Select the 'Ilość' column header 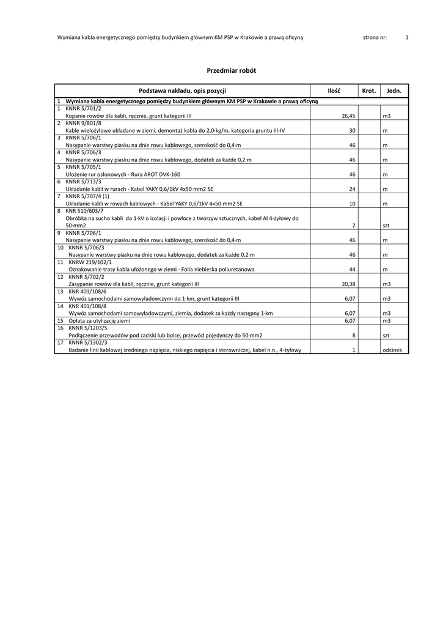click(334, 90)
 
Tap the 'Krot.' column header click(368, 90)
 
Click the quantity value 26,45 click(348, 116)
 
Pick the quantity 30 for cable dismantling click(352, 130)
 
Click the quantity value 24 click(352, 189)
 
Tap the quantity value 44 click(352, 269)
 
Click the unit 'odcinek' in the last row click(392, 350)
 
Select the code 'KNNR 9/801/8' click(84, 123)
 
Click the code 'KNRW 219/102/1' click(90, 262)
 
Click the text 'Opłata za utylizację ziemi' click(99, 320)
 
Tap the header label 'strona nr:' click(375, 37)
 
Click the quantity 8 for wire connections click(354, 336)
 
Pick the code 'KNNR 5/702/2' click(87, 276)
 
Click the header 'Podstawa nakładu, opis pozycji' click(183, 90)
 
